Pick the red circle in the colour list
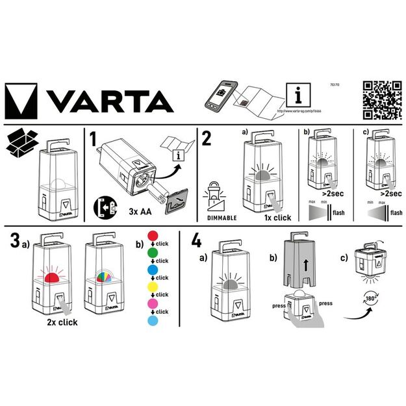(x=154, y=235)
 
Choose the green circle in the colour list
(x=154, y=251)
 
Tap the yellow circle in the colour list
(x=154, y=285)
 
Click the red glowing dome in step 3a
(x=51, y=278)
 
